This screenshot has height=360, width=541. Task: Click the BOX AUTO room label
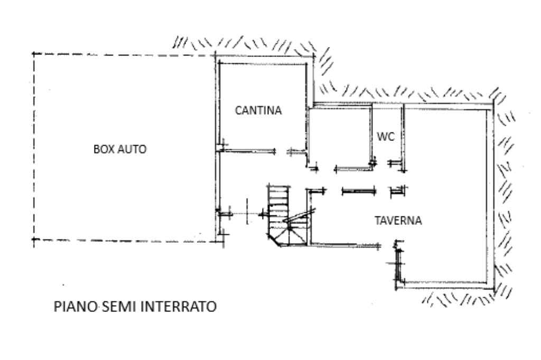point(119,149)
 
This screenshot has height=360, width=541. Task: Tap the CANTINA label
point(258,111)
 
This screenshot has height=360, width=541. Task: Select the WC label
point(386,136)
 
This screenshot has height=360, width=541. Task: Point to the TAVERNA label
point(398,221)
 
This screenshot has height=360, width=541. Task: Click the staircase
point(280,211)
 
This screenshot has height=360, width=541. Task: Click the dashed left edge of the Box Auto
point(34,148)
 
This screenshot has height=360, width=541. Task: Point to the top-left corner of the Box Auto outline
point(34,54)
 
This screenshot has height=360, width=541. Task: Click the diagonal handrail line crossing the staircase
point(299,215)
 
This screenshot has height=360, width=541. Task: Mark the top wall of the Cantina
point(263,63)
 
